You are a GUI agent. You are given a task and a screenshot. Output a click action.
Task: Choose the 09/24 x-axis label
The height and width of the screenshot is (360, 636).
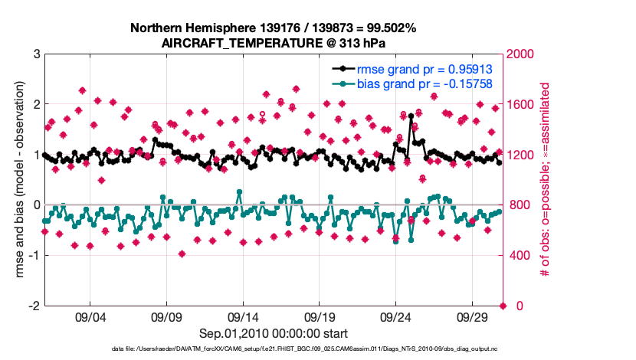(x=395, y=317)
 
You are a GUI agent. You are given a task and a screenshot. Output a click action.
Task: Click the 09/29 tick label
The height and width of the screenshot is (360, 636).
(x=472, y=317)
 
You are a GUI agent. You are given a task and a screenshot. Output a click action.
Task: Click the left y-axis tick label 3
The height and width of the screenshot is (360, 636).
(x=35, y=54)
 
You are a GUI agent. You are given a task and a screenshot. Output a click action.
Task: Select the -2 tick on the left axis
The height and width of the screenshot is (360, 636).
(x=32, y=306)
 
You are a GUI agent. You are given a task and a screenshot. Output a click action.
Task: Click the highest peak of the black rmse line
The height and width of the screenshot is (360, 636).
(x=411, y=116)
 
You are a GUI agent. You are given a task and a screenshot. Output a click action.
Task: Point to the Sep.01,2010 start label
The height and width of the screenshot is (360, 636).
(x=274, y=333)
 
